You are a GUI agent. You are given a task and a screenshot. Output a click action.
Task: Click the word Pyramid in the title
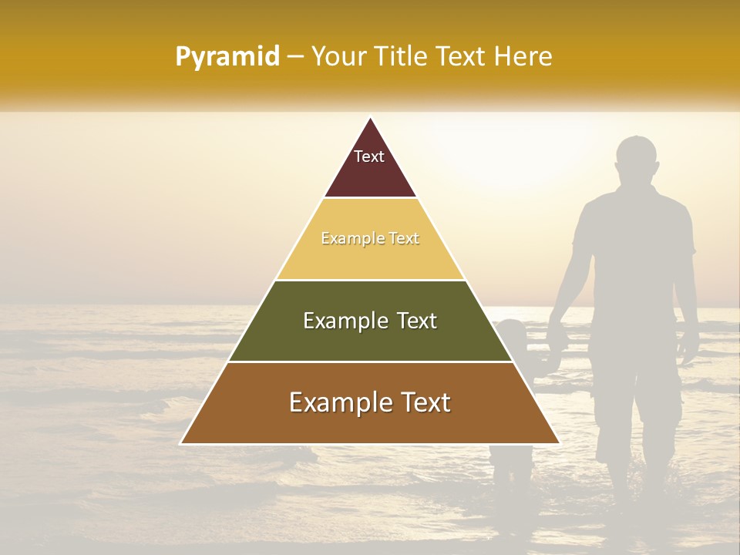[227, 57]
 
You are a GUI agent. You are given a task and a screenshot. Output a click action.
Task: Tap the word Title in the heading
[404, 57]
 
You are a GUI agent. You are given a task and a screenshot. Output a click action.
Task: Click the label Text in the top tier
[369, 156]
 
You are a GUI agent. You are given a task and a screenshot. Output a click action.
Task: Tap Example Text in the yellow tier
[370, 239]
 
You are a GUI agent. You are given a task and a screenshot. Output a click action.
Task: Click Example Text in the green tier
[370, 321]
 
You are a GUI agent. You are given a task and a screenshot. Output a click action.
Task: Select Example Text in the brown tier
[370, 402]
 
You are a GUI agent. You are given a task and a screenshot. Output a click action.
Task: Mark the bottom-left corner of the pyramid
[181, 443]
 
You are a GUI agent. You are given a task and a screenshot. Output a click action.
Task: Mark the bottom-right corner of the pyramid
[559, 443]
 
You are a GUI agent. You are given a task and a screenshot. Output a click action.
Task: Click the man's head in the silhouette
[637, 160]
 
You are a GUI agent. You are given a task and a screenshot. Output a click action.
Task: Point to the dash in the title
[295, 57]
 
